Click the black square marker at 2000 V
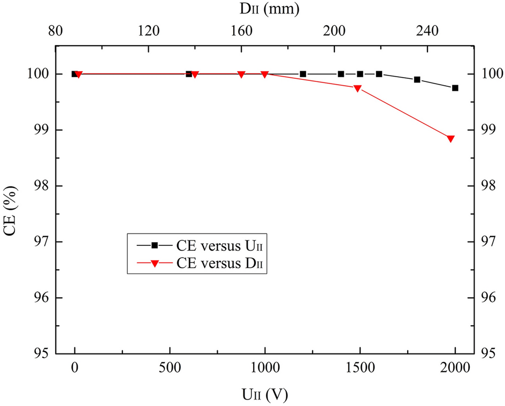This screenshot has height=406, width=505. (x=455, y=88)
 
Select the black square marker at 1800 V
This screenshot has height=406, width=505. (x=417, y=79)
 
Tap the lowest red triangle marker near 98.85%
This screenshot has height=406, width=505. (x=450, y=139)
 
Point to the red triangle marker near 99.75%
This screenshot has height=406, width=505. (x=357, y=88)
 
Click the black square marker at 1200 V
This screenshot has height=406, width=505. (x=303, y=74)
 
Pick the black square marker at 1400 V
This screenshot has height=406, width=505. (x=341, y=74)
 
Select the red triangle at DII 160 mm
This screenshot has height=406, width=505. (x=241, y=74)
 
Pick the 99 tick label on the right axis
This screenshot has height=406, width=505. (x=491, y=130)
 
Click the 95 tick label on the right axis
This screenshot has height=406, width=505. (x=491, y=354)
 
